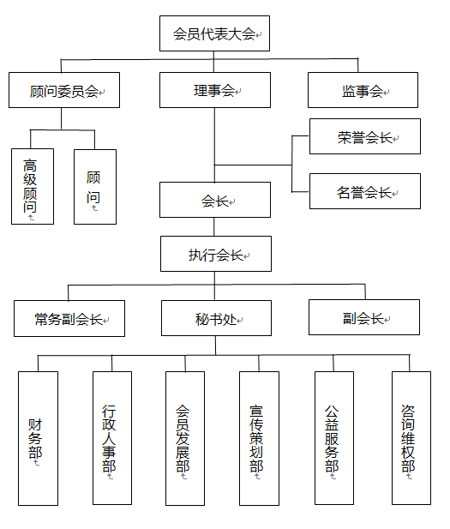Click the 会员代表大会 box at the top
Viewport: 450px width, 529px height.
(214, 33)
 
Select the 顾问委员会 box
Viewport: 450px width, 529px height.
(64, 90)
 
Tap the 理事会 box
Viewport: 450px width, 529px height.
(215, 90)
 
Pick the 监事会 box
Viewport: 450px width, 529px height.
(363, 90)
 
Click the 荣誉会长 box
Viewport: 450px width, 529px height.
(365, 136)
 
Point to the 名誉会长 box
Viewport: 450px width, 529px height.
(365, 191)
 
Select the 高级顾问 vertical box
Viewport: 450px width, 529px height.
(33, 186)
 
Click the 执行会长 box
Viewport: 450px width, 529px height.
(216, 254)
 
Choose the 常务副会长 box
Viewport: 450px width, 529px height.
(69, 318)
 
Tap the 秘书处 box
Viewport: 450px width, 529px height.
(216, 318)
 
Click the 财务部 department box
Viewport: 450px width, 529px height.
(38, 438)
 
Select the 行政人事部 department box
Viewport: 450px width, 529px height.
(112, 438)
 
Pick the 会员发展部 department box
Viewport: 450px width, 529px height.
(185, 438)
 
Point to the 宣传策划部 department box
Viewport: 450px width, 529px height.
(259, 438)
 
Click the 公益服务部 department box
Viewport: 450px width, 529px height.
(334, 438)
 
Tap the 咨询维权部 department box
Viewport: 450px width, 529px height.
(411, 438)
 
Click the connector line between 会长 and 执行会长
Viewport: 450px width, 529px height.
(214, 226)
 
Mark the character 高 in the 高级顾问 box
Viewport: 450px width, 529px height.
(30, 165)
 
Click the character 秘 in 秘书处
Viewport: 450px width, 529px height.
(202, 319)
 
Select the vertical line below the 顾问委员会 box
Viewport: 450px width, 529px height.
(62, 119)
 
